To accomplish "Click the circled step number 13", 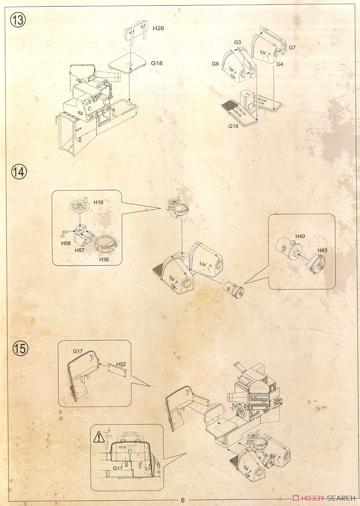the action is pyautogui.click(x=18, y=20).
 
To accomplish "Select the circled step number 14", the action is pyautogui.click(x=19, y=172).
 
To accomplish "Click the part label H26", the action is pyautogui.click(x=158, y=28).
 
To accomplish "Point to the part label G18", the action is pyautogui.click(x=157, y=63).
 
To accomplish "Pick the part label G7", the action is pyautogui.click(x=292, y=48).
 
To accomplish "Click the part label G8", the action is pyautogui.click(x=215, y=64).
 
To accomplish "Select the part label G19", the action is pyautogui.click(x=233, y=126).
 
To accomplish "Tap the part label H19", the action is pyautogui.click(x=98, y=202).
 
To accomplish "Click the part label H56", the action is pyautogui.click(x=66, y=243).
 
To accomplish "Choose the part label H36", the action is pyautogui.click(x=104, y=260).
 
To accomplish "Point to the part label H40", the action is pyautogui.click(x=300, y=236).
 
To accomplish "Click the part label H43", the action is pyautogui.click(x=322, y=250).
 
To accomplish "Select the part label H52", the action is pyautogui.click(x=121, y=364).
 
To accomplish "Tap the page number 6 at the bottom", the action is pyautogui.click(x=183, y=500).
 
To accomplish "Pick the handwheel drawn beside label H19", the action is pyautogui.click(x=78, y=206).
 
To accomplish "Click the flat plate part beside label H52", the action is pyautogui.click(x=117, y=370).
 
